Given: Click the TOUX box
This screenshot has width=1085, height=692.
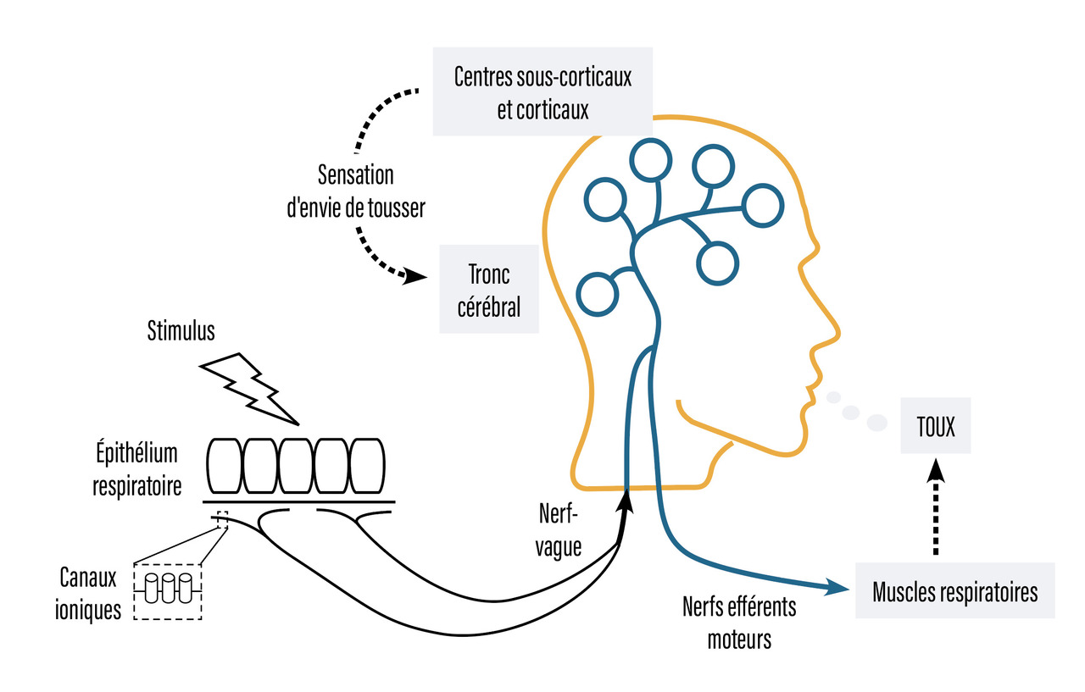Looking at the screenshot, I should [x=936, y=428].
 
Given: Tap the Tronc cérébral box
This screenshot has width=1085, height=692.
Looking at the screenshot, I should [x=488, y=289].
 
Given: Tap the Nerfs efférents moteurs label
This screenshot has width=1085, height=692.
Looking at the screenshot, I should [x=739, y=623].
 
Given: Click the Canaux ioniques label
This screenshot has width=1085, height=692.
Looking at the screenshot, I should [x=89, y=594].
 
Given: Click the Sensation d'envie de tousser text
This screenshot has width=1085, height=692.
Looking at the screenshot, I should [x=356, y=192].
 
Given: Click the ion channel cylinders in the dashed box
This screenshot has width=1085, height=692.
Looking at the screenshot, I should [x=169, y=588].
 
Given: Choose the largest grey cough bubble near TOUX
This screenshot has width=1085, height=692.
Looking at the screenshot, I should [x=876, y=421].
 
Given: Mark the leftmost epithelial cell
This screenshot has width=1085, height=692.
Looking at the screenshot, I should [x=225, y=465].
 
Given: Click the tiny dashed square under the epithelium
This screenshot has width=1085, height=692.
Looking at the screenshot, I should [x=223, y=518].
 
